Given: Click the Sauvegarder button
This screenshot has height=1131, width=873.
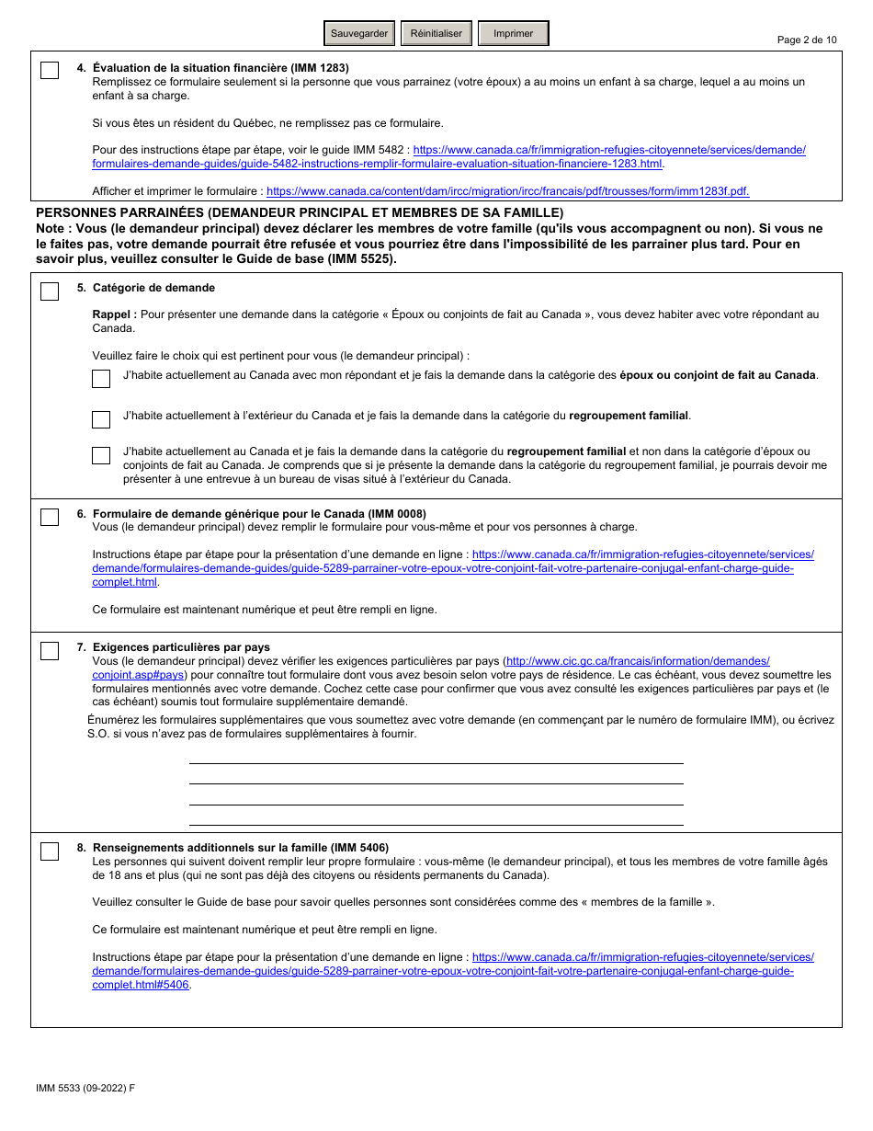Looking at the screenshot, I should tap(359, 33).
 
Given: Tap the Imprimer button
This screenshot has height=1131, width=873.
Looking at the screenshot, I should tap(513, 33).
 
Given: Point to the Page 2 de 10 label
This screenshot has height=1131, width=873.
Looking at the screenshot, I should tap(806, 40).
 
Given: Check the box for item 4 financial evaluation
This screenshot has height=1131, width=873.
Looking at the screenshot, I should tap(50, 71).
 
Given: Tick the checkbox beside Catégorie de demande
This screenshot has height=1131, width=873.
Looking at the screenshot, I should tap(50, 291).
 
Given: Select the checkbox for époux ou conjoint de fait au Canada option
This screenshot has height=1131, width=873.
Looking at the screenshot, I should tap(101, 379).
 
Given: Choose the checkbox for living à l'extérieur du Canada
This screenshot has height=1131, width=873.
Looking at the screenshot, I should tap(101, 419).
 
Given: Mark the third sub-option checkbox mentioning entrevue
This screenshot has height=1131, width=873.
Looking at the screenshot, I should tap(101, 456).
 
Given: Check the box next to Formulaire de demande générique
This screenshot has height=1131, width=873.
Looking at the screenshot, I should tap(50, 517).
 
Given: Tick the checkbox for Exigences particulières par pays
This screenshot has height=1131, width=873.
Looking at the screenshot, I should tap(50, 651).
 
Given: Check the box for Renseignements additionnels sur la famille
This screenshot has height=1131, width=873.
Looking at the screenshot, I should tap(50, 851).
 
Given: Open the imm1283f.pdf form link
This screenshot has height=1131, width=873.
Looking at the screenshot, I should tap(507, 191).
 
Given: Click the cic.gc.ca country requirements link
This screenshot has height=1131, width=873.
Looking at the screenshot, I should tap(638, 661).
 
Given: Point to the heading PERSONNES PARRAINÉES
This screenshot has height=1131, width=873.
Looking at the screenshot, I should tap(299, 212).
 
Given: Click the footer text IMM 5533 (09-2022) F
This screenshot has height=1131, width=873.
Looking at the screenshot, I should tap(85, 1088).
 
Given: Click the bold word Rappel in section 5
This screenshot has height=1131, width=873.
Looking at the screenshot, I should tap(114, 314).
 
